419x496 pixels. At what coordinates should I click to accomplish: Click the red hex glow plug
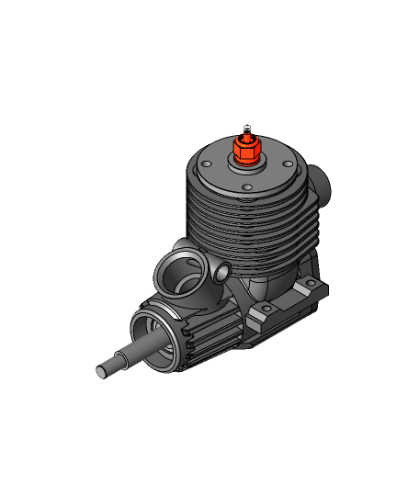246,150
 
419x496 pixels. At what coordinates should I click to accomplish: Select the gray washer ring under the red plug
247,163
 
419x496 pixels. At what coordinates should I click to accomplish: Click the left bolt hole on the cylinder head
208,165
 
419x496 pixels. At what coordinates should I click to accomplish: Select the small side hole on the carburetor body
221,274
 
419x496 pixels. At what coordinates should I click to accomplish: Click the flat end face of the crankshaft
102,372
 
